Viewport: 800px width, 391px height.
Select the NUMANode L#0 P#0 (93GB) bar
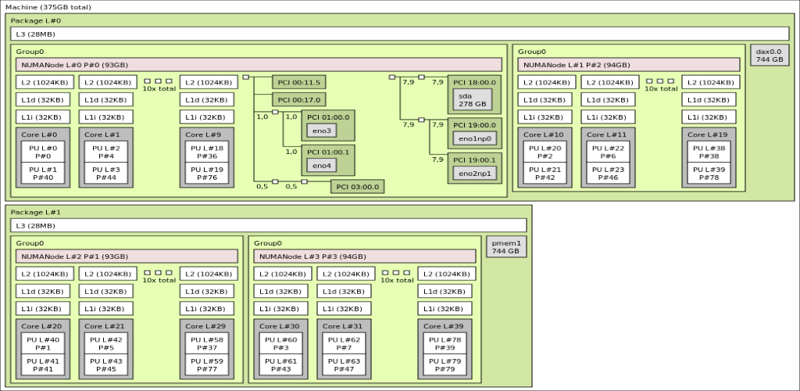pyautogui.click(x=259, y=64)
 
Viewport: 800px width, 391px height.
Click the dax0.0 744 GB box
pyautogui.click(x=769, y=56)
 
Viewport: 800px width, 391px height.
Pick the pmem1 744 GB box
pyautogui.click(x=505, y=246)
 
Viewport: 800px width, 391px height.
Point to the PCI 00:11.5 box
pyautogui.click(x=298, y=81)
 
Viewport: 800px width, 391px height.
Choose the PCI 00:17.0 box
pyautogui.click(x=298, y=99)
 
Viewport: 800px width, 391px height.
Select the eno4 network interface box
pyautogui.click(x=320, y=165)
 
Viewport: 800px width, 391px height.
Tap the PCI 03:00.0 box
pyautogui.click(x=357, y=186)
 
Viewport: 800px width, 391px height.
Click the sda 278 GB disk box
pyautogui.click(x=472, y=99)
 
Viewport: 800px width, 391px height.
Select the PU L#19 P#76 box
pyautogui.click(x=206, y=173)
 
